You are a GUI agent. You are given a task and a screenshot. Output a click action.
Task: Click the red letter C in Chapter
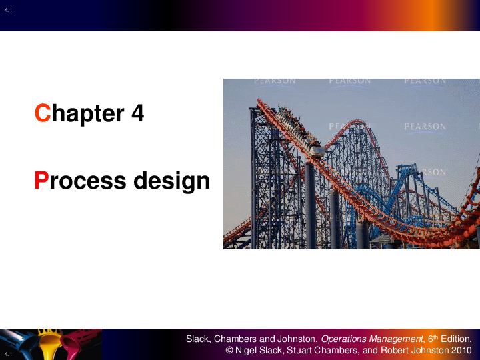tap(43, 113)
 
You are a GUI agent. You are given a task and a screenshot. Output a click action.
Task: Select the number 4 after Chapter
tap(137, 113)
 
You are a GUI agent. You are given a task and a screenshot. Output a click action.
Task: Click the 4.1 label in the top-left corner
tap(8, 7)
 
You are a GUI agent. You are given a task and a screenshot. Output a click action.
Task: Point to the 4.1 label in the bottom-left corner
tap(8, 353)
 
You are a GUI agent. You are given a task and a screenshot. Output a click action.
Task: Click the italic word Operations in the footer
tap(345, 339)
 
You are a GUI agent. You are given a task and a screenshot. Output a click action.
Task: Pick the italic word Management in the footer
tap(396, 339)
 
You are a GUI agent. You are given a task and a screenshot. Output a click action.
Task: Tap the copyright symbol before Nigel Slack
tap(229, 350)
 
